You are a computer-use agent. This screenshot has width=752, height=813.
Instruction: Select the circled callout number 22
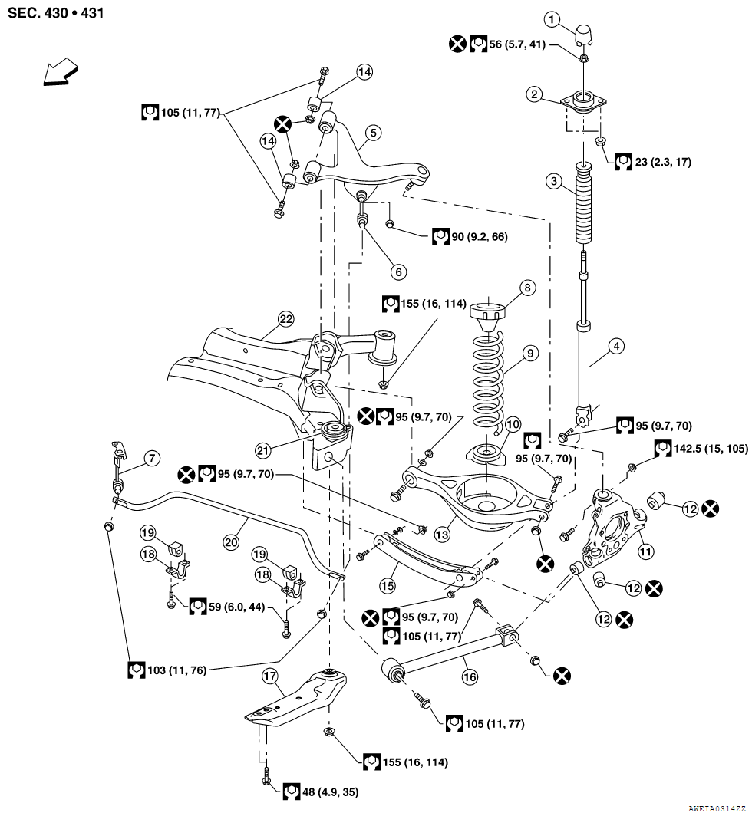[286, 319]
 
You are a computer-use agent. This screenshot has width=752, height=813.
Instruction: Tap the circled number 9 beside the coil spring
[529, 354]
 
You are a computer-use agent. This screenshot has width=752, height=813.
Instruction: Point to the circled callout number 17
[269, 676]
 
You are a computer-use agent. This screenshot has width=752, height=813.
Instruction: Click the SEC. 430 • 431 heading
[56, 13]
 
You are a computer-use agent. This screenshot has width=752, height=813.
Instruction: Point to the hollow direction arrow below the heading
[62, 74]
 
